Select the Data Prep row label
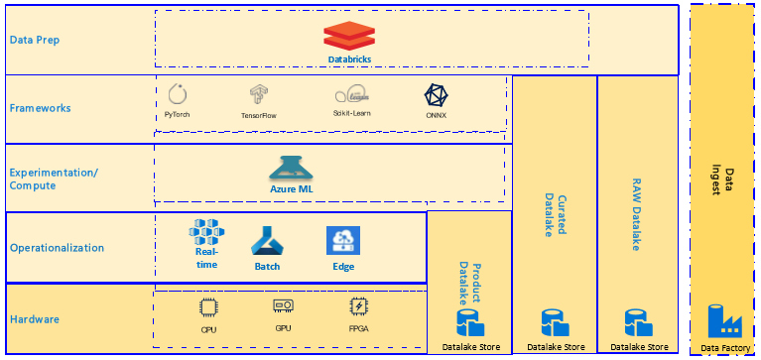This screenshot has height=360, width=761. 36,41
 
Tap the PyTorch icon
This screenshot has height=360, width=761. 178,95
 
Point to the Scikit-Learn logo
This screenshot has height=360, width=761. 352,96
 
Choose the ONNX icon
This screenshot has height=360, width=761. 436,95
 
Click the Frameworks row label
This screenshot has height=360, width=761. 41,108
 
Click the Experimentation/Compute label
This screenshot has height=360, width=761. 54,180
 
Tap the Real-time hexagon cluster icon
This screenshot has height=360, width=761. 206,234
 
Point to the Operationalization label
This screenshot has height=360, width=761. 57,248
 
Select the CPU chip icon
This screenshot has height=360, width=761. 208,306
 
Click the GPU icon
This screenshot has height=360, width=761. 283,304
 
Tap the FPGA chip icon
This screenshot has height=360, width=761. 358,306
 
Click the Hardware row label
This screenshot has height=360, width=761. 35,319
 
